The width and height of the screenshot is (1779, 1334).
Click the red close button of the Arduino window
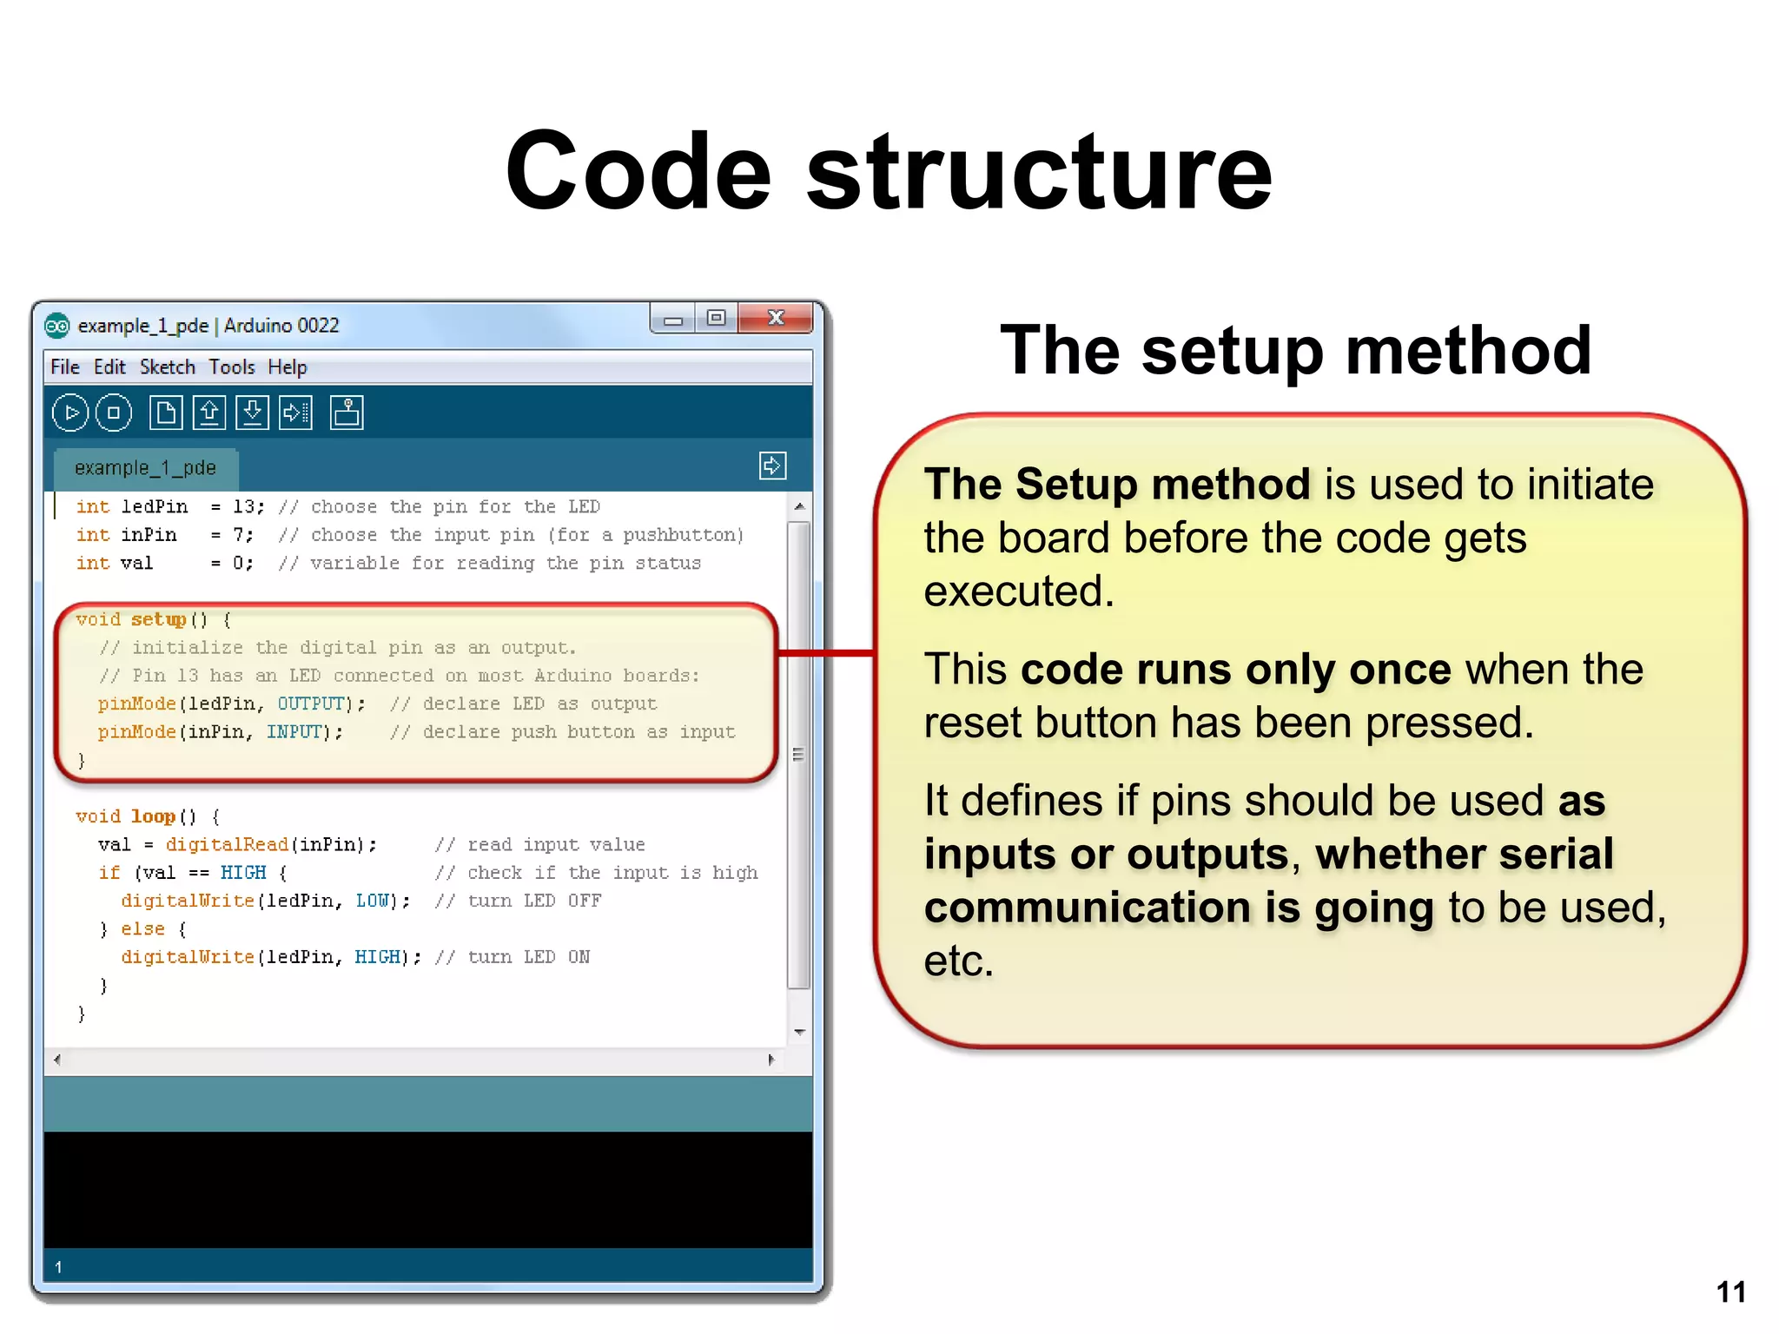click(x=775, y=319)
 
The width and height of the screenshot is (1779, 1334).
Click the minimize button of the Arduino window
click(x=672, y=320)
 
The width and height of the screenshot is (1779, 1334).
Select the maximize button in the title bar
click(x=716, y=319)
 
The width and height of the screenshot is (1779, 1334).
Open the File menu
click(x=65, y=367)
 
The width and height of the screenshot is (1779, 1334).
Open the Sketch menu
click(x=168, y=367)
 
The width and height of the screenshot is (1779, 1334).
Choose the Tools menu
click(x=232, y=367)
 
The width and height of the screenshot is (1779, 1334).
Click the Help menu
click(x=288, y=367)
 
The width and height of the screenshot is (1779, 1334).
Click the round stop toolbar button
click(x=114, y=413)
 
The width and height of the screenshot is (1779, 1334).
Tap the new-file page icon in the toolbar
click(x=165, y=413)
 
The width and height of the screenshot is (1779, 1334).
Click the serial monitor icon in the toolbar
click(x=347, y=413)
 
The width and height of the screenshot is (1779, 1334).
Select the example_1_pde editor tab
click(x=145, y=468)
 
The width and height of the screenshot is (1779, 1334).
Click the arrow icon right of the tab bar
click(x=772, y=466)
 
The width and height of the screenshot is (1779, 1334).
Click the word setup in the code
click(x=159, y=619)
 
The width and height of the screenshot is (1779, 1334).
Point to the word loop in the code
click(x=154, y=816)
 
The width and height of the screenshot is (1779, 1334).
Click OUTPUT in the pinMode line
click(x=311, y=703)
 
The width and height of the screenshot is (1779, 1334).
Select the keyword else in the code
click(x=142, y=929)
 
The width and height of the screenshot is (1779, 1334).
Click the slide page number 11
click(x=1730, y=1292)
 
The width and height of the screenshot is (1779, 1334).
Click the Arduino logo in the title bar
click(x=57, y=326)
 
